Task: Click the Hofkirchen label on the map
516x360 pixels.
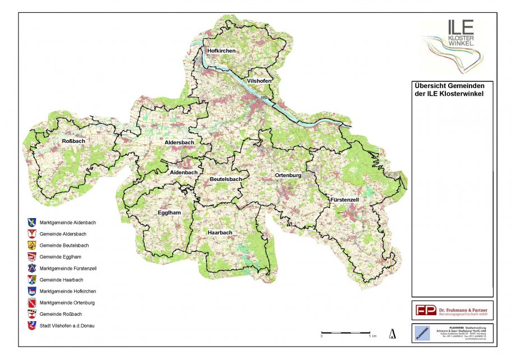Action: pos(221,51)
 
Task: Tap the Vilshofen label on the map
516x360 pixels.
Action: pos(259,81)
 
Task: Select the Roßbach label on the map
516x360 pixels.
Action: pos(73,141)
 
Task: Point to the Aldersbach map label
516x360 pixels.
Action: pos(179,143)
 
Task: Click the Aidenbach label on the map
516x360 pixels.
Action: pos(183,173)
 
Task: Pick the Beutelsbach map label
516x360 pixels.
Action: pos(225,179)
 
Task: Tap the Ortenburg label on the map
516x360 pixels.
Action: pos(288,176)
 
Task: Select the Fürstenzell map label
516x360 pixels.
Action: pos(343,200)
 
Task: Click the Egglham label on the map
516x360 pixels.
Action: pos(169,213)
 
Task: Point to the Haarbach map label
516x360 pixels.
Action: pos(220,232)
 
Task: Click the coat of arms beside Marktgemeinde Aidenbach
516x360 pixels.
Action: pos(31,222)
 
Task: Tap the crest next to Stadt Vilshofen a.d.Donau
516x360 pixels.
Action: pos(31,326)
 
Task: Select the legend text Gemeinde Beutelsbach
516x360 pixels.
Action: pos(64,246)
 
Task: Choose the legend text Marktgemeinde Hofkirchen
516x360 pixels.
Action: pos(68,292)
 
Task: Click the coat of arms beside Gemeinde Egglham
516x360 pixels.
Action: pos(31,257)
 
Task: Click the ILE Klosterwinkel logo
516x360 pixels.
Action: pos(453,45)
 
